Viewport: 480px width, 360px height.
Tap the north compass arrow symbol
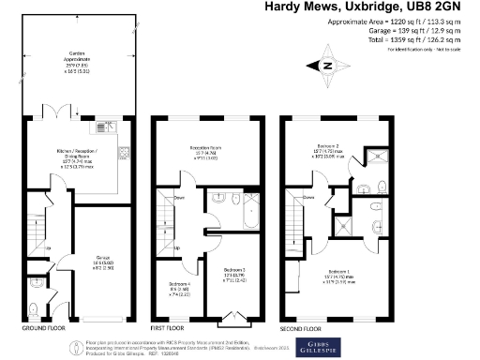[x=325, y=66]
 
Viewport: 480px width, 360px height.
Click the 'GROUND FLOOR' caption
[x=45, y=329]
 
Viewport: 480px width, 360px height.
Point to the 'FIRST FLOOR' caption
[x=173, y=329]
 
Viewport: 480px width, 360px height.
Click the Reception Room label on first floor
[x=205, y=151]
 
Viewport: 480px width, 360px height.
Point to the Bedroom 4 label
[x=180, y=287]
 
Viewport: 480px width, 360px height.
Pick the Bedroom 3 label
[x=234, y=273]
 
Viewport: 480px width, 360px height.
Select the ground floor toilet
[x=34, y=308]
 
